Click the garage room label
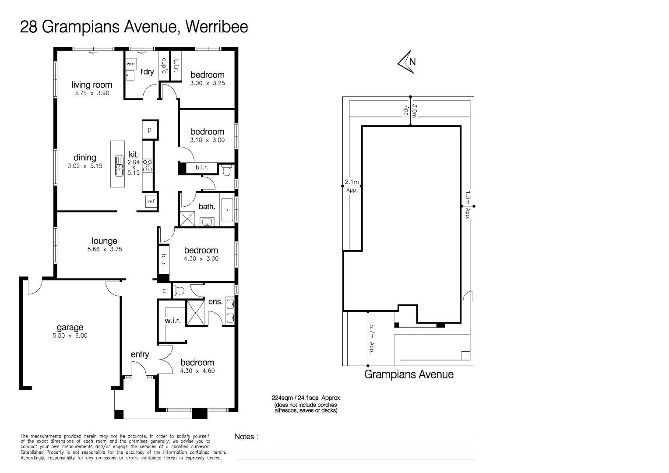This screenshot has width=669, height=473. pyautogui.click(x=70, y=327)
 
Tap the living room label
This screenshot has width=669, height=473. pyautogui.click(x=92, y=85)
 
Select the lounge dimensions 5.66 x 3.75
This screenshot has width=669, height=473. pyautogui.click(x=105, y=249)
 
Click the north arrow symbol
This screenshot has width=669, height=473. pyautogui.click(x=407, y=62)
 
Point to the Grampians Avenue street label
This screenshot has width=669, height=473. pyautogui.click(x=409, y=374)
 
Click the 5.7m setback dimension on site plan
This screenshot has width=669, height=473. pyautogui.click(x=372, y=339)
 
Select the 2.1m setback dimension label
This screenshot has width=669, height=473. pyautogui.click(x=352, y=182)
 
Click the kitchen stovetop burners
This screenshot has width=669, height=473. pyautogui.click(x=148, y=166)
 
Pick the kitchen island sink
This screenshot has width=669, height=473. pyautogui.click(x=119, y=166)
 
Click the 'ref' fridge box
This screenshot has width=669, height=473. pyautogui.click(x=151, y=201)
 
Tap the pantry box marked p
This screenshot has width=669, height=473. pyautogui.click(x=150, y=130)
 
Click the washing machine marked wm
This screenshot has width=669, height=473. pyautogui.click(x=130, y=64)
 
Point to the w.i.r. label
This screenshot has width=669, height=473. pyautogui.click(x=173, y=321)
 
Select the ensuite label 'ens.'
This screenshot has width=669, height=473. pyautogui.click(x=215, y=302)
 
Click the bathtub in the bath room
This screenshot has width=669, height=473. pyautogui.click(x=227, y=209)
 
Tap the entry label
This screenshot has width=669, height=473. pyautogui.click(x=140, y=355)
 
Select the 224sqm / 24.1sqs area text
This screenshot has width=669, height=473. pyautogui.click(x=306, y=398)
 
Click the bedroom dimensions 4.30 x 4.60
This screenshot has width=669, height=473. pyautogui.click(x=197, y=371)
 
